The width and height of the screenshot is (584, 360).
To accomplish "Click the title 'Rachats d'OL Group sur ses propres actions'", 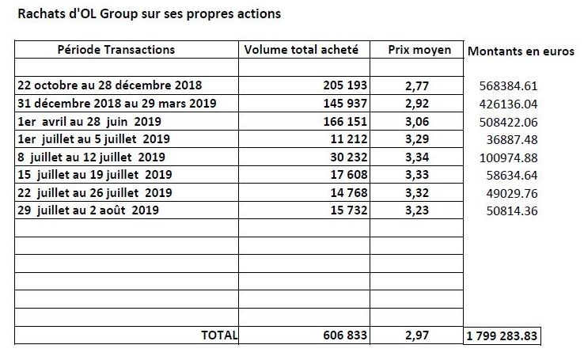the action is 150,13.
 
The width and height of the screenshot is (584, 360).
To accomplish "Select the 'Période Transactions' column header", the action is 116,50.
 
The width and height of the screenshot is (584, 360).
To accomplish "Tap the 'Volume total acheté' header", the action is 301,50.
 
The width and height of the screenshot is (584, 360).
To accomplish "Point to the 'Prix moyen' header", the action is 419,50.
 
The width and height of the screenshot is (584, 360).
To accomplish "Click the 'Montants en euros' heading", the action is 521,51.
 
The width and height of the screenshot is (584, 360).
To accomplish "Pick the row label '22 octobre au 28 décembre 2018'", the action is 109,85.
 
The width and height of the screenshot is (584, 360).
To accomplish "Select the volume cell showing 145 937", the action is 345,103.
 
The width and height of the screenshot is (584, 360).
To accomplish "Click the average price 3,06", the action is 417,121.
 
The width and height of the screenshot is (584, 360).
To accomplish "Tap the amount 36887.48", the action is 512,139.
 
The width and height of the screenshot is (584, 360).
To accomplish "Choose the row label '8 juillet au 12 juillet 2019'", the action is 91,157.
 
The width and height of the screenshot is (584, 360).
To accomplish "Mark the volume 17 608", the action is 349,175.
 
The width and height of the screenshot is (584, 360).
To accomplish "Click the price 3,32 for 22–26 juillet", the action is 417,193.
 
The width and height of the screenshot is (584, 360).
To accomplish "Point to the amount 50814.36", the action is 512,211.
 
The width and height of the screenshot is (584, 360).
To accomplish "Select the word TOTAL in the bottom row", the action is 219,335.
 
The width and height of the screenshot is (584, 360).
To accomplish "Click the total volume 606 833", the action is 345,335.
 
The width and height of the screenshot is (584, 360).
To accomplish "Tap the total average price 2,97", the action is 417,335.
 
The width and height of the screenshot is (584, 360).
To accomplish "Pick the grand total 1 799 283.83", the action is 502,336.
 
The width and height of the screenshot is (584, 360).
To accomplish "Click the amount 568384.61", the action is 508,86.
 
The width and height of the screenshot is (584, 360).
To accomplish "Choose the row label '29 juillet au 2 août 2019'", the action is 88,210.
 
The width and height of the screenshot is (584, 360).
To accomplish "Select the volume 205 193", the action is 345,85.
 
